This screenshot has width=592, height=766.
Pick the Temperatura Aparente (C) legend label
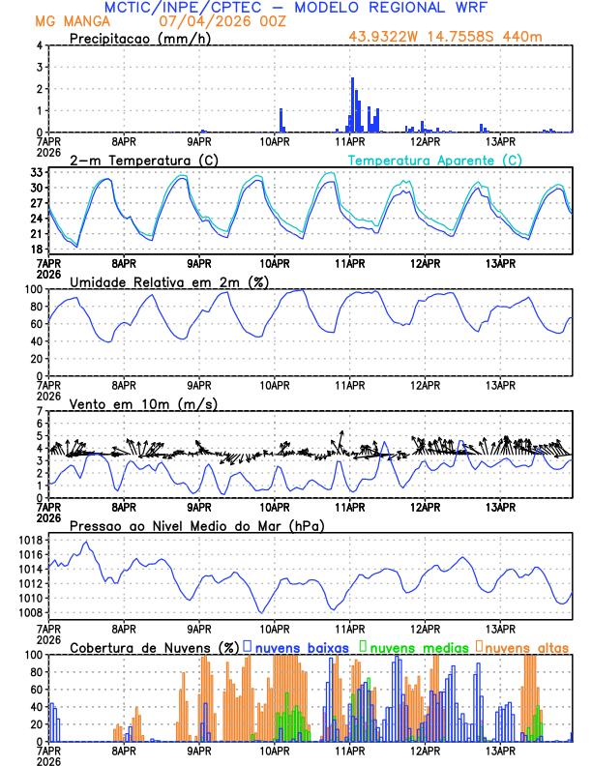435,159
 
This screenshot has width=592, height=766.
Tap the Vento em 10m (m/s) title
143,402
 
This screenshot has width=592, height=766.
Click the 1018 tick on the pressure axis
30,540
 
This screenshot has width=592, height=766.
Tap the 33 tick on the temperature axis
36,173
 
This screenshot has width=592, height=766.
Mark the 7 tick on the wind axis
41,411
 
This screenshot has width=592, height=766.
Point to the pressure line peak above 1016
88,542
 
